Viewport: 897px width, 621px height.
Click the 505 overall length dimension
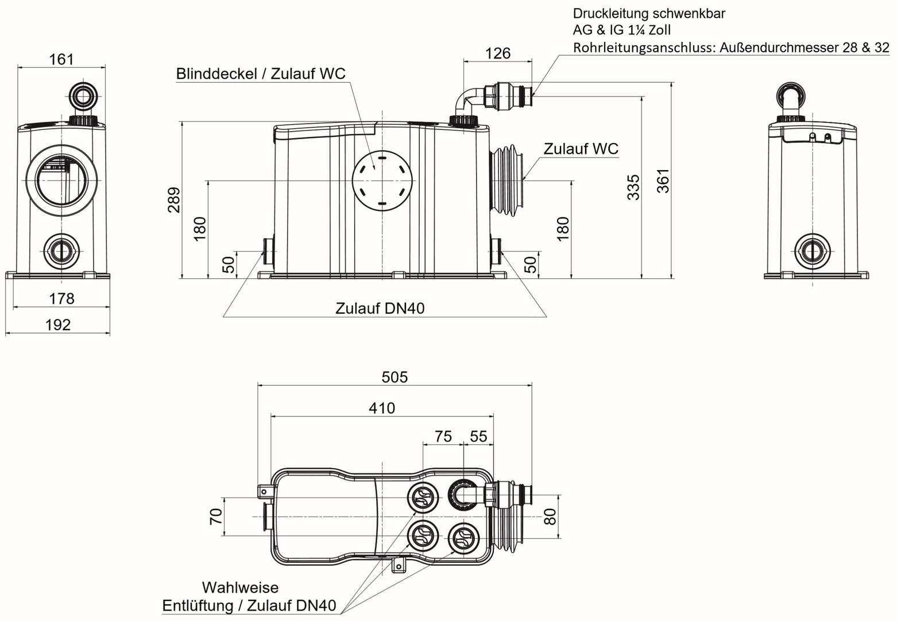395,377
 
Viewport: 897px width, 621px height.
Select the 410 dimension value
382,408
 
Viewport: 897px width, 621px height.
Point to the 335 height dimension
633,187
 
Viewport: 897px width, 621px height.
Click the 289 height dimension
173,200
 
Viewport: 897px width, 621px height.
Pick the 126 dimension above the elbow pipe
497,53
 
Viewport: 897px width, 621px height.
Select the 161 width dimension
61,59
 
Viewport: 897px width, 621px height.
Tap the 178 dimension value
61,299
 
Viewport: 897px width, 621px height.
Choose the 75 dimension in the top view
443,436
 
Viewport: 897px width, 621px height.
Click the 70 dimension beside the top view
216,516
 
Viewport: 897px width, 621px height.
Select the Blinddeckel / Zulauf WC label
261,74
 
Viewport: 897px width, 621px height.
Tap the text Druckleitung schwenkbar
648,14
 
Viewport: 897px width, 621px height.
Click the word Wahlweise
239,588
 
